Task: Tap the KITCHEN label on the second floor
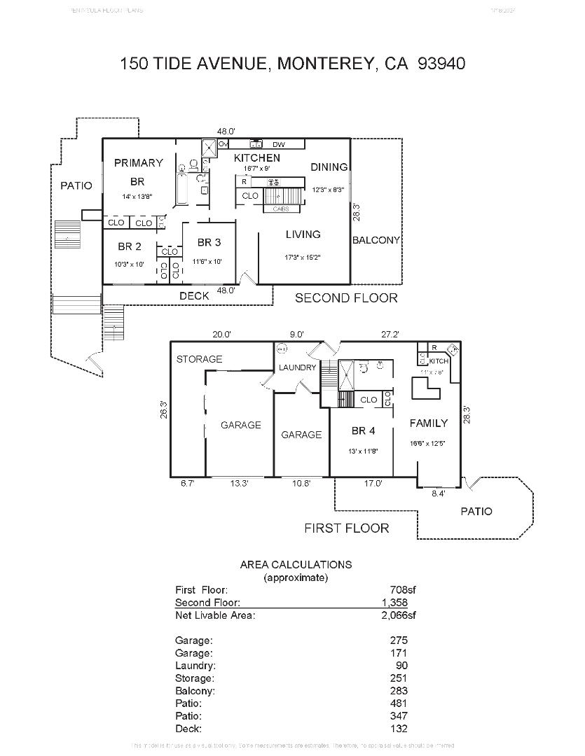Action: click(x=256, y=157)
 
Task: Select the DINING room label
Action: click(x=329, y=167)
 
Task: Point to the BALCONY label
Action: click(x=376, y=239)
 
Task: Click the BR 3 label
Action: click(x=209, y=242)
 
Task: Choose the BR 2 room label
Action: click(x=130, y=246)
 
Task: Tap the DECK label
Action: click(x=194, y=295)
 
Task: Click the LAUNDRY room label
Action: click(x=298, y=367)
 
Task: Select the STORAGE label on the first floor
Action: click(x=199, y=359)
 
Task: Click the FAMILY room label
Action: click(x=428, y=423)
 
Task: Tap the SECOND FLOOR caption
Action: click(x=346, y=298)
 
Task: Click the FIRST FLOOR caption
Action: click(x=346, y=528)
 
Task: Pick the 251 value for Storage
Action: click(x=399, y=678)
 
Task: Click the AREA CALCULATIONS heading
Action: click(x=296, y=564)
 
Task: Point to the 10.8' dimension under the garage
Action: click(x=301, y=483)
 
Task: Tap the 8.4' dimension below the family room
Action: click(x=437, y=493)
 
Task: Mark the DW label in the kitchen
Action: click(x=279, y=144)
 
